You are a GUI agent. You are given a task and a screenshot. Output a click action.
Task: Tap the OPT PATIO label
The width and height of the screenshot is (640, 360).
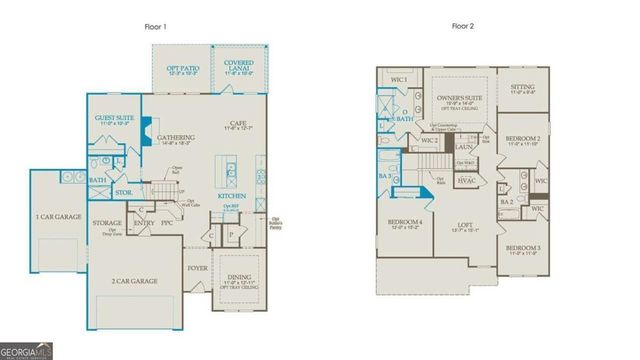click(x=183, y=68)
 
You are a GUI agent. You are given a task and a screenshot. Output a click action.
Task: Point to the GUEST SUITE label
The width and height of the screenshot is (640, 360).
click(x=115, y=118)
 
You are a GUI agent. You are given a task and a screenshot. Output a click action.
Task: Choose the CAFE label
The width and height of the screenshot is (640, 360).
click(x=238, y=123)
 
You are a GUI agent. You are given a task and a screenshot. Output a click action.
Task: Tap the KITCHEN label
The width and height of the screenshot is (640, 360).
click(x=232, y=197)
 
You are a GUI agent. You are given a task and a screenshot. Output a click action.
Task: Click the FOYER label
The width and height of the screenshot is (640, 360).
click(x=197, y=269)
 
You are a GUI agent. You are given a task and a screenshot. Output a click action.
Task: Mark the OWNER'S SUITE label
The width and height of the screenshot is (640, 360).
click(x=460, y=98)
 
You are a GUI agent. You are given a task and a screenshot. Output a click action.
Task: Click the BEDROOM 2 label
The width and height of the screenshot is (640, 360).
click(x=522, y=138)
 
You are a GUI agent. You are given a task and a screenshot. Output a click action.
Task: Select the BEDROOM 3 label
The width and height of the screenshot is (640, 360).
click(x=522, y=247)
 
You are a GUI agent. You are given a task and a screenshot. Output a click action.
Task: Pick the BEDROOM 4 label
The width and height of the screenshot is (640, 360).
click(x=405, y=221)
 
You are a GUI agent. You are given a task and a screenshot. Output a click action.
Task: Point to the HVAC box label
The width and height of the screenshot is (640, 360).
click(x=466, y=181)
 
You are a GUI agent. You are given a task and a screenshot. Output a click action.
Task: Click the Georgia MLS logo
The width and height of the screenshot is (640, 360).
click(x=28, y=351)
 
